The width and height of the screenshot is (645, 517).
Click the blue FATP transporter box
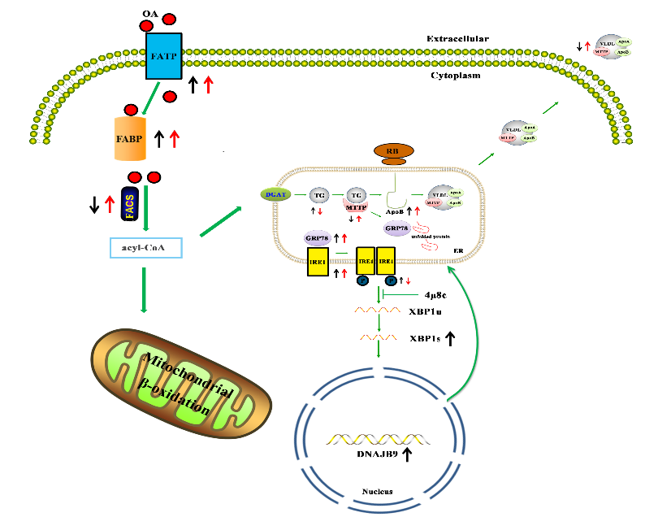(x=163, y=56)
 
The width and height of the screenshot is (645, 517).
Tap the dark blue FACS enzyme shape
(x=129, y=204)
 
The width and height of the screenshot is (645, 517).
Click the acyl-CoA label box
(x=145, y=247)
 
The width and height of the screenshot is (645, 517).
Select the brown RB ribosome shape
(x=393, y=151)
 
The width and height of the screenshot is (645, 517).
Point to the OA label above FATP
(x=151, y=14)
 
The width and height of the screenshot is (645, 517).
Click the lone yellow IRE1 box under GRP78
(x=317, y=262)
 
